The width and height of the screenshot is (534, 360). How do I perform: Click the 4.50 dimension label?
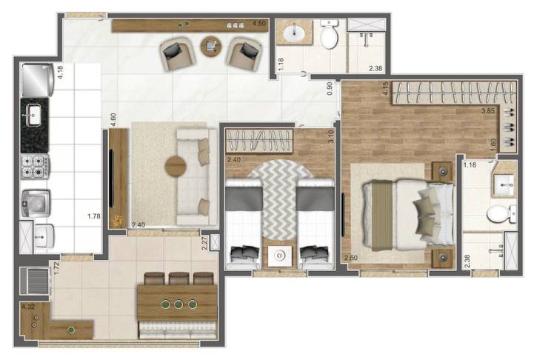[259, 24]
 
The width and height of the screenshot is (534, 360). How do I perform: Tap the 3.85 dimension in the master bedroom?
[487, 111]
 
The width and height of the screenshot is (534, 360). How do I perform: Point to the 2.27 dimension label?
[204, 242]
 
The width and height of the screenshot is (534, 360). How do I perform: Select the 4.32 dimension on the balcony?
[29, 306]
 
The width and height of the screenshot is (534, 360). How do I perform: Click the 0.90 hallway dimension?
[330, 87]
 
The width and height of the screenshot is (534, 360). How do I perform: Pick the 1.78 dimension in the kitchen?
[93, 216]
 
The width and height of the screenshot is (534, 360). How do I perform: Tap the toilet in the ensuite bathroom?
[498, 214]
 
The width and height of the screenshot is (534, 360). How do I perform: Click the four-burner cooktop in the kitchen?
[35, 167]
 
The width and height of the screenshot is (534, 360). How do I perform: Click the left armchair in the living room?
[178, 53]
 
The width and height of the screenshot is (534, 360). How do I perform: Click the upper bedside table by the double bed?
[443, 170]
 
